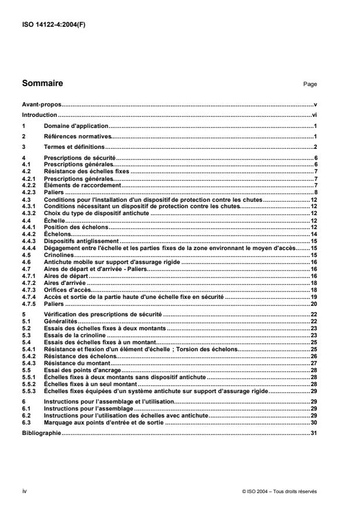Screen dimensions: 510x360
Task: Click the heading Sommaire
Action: coord(42,84)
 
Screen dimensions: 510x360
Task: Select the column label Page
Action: coord(310,85)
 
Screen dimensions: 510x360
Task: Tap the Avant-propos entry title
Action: coord(41,105)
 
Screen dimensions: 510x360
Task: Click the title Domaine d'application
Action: coord(76,126)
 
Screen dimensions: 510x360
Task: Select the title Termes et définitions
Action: coord(73,147)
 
